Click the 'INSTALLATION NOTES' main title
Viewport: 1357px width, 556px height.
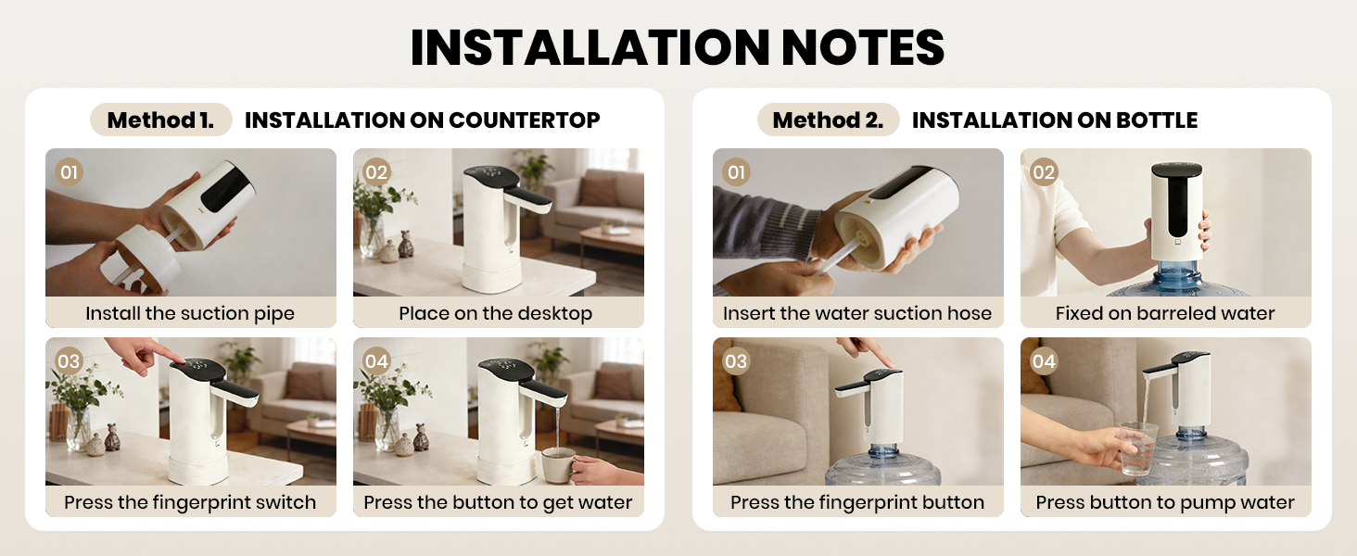(x=678, y=47)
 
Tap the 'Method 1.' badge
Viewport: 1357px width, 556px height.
(x=160, y=120)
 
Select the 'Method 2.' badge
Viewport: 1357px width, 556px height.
(x=828, y=120)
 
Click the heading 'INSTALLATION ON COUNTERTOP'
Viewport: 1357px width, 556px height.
(x=422, y=120)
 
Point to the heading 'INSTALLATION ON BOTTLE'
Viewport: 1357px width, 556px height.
(x=1054, y=120)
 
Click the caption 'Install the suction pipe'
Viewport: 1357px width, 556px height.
(x=190, y=313)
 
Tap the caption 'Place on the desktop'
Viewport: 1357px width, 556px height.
(x=495, y=313)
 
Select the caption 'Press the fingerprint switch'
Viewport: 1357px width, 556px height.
(x=190, y=502)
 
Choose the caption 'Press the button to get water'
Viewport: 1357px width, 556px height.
(x=498, y=502)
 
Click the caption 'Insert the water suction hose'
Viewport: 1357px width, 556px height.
(x=857, y=313)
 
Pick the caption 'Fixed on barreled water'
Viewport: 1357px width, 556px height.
(x=1165, y=313)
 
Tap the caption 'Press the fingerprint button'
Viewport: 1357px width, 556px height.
(x=857, y=502)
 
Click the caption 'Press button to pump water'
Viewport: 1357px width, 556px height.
(x=1165, y=502)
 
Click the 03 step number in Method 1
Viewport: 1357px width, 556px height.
(x=70, y=361)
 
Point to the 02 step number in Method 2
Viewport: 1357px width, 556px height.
(x=1044, y=172)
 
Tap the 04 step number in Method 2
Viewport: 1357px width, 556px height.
(x=1044, y=361)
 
